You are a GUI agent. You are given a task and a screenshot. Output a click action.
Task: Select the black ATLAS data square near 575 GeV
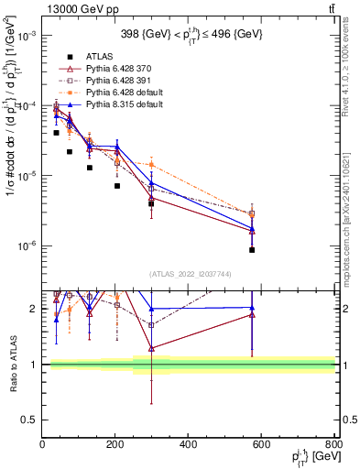tap(252, 250)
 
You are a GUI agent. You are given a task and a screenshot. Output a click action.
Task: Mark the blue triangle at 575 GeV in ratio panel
tap(252, 308)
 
